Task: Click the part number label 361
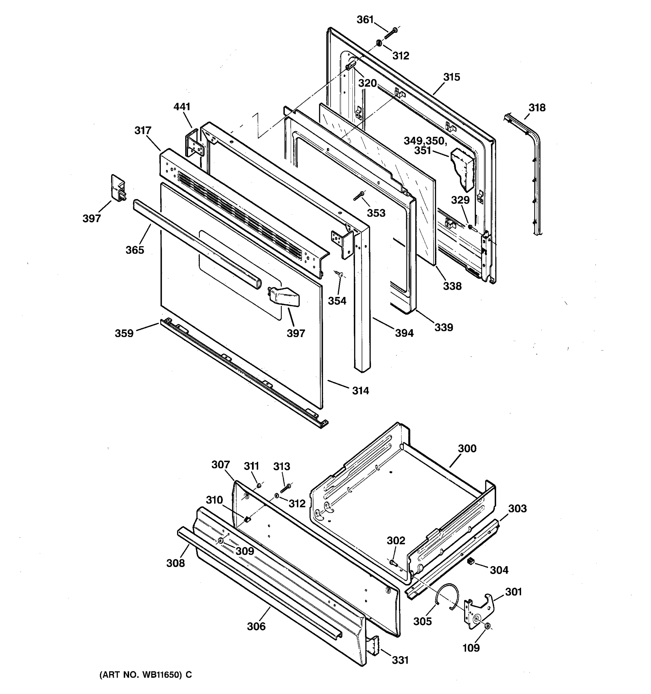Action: tap(365, 20)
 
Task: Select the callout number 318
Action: tap(537, 108)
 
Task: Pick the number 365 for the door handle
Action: tap(135, 250)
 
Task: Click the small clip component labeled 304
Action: tap(471, 561)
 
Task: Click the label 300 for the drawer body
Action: tap(467, 448)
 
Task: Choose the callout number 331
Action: tap(400, 660)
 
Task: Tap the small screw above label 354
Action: tap(339, 274)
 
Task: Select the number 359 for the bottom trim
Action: tap(124, 333)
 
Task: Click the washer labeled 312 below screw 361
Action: tap(378, 43)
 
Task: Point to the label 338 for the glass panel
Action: tap(452, 286)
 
